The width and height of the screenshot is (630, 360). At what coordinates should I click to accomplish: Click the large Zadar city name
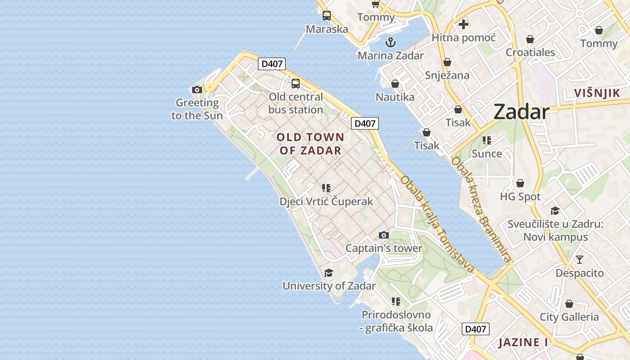coord(521,112)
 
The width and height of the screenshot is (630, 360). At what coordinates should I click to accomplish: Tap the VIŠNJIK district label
coord(597,93)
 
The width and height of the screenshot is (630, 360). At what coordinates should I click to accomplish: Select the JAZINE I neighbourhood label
coord(523,342)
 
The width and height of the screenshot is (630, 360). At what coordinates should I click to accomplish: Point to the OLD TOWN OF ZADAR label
coord(310,144)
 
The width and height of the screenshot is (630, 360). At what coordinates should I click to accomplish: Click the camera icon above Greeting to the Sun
coord(197,90)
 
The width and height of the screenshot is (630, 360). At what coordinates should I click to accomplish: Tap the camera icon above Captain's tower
coord(383,235)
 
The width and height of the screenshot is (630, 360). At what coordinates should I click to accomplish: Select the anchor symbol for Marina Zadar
coord(391,43)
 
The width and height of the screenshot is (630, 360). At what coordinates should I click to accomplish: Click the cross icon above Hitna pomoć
coord(463,24)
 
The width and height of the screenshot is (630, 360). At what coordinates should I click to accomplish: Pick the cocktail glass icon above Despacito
coord(579,260)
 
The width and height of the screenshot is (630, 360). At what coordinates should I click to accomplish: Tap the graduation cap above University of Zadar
coord(328,273)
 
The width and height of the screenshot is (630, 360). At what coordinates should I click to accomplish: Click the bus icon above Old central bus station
coord(296,83)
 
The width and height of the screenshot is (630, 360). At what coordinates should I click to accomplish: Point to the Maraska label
coord(327,29)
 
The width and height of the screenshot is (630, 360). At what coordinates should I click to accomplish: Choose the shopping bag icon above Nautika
coord(395,84)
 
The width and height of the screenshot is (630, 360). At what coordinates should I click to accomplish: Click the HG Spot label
coord(520,197)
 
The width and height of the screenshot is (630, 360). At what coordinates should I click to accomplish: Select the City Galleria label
coord(569,317)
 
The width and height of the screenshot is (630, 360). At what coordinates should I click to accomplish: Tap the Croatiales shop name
coord(530,52)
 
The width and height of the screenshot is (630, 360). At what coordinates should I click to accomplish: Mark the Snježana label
coord(447,75)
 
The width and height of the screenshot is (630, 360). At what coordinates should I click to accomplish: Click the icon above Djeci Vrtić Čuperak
coord(326,188)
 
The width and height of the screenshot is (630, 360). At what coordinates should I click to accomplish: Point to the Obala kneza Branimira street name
coord(481,209)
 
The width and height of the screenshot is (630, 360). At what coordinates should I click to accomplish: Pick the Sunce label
coord(487,153)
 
